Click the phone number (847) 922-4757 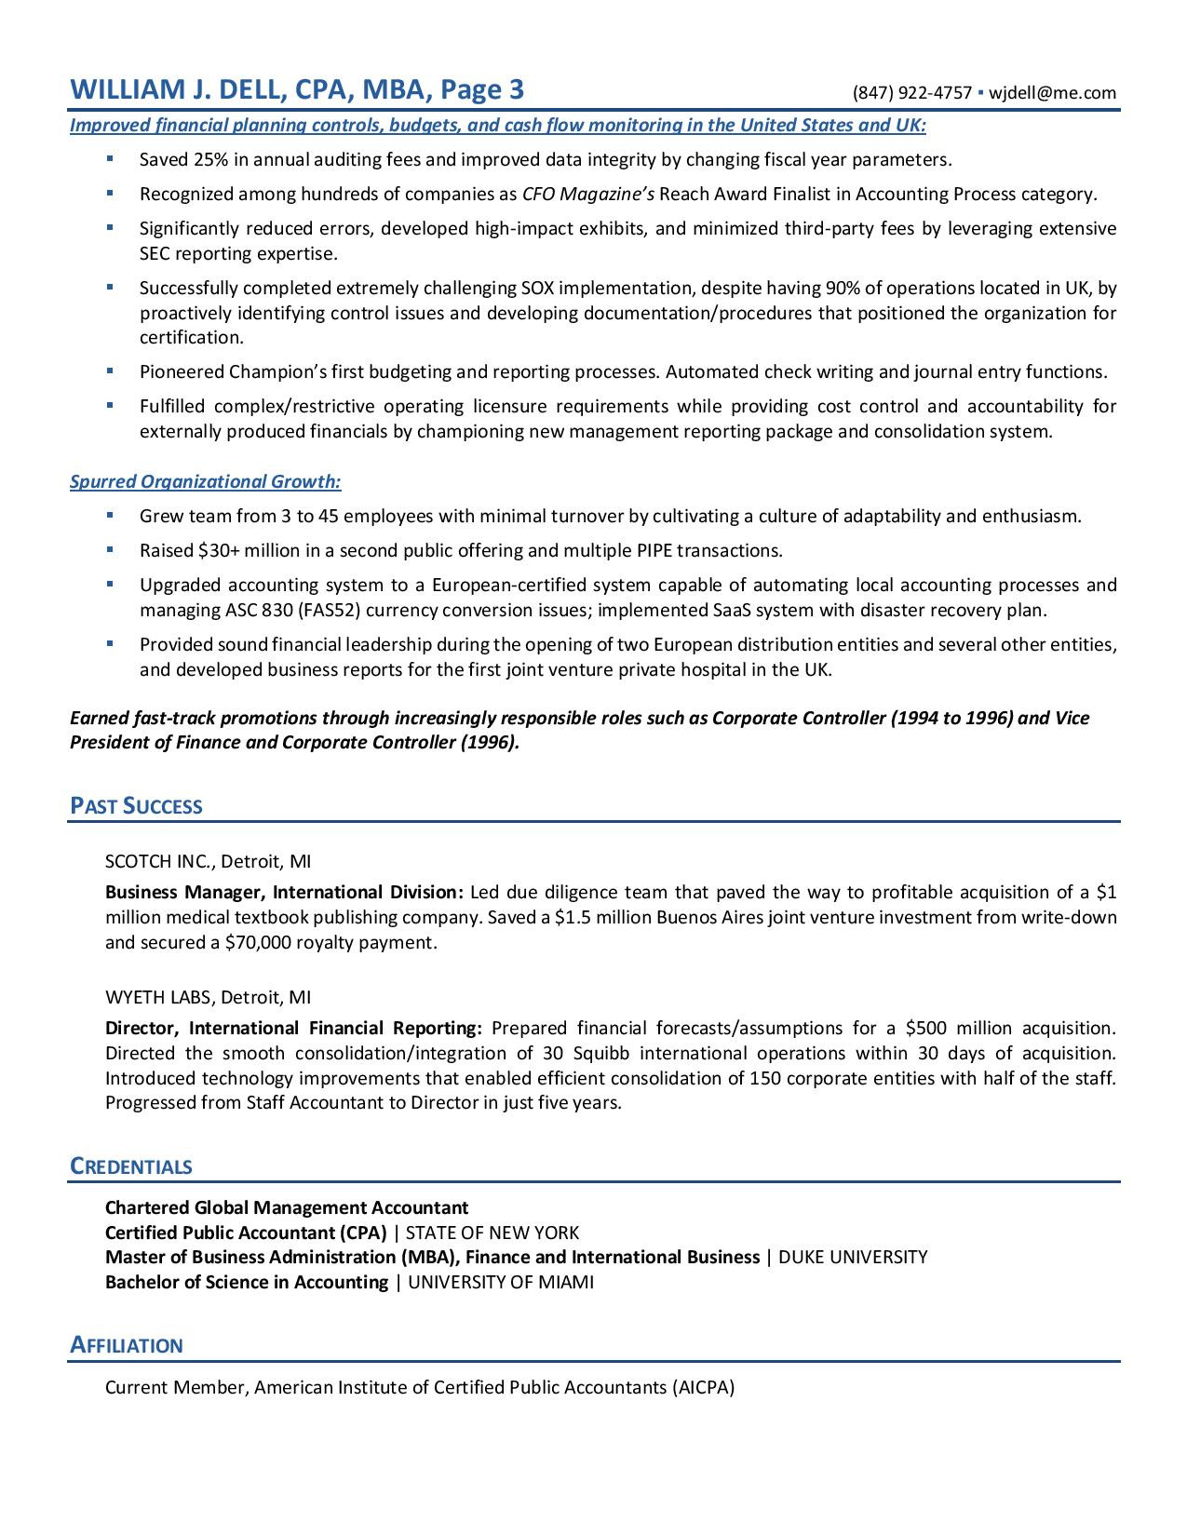(911, 92)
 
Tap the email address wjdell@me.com (1052, 92)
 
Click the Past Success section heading (136, 806)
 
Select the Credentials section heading (131, 1166)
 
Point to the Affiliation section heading (127, 1345)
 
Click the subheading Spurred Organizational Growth (206, 481)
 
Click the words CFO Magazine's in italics (588, 194)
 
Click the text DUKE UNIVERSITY (853, 1257)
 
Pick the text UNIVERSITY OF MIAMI (501, 1282)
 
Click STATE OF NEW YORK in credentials (492, 1233)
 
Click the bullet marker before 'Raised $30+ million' (110, 550)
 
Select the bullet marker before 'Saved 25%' (110, 159)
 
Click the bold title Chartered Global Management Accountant (287, 1207)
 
